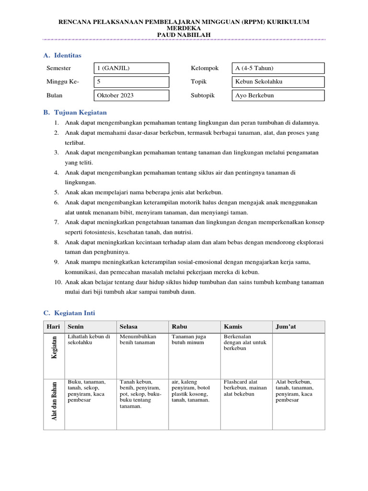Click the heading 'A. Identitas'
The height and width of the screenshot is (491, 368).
[62, 56]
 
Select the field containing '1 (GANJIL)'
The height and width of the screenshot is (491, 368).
[132, 69]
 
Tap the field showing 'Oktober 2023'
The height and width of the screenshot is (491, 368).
[132, 95]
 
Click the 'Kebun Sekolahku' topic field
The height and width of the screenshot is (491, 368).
[278, 82]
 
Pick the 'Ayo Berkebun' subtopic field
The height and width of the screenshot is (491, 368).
[278, 95]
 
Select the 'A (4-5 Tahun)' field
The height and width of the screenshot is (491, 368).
[278, 69]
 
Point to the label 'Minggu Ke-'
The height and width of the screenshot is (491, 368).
[63, 82]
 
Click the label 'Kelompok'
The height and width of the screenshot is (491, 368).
[205, 69]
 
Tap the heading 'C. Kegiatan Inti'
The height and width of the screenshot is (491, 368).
[69, 313]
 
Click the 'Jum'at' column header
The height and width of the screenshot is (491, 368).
[286, 327]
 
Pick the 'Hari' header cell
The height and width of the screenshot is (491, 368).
[53, 327]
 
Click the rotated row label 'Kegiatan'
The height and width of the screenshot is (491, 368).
[54, 348]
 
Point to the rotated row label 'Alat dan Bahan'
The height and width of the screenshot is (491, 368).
[54, 401]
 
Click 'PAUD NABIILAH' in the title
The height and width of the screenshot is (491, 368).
[184, 35]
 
